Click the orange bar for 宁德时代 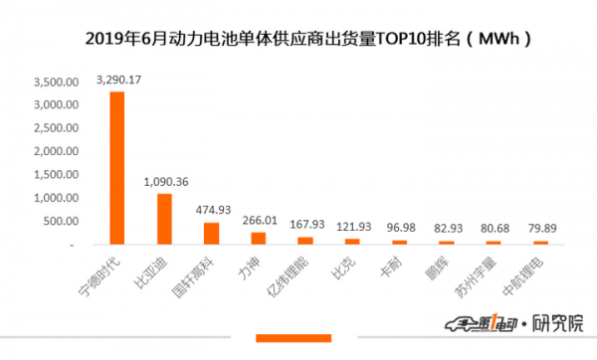point(117,168)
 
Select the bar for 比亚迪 point(164,219)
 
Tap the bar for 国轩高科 point(211,234)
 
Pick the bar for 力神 point(259,239)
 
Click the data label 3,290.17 point(118,80)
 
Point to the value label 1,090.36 point(166,182)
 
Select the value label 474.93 point(213,210)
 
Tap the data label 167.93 point(307,225)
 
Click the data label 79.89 point(542,229)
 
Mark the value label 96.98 point(401,228)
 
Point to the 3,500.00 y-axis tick point(57,82)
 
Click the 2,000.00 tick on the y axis point(57,151)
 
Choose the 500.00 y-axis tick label point(61,221)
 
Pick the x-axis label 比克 point(343,268)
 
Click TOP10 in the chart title point(400,39)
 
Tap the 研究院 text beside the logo point(558,323)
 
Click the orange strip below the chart point(294,338)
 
